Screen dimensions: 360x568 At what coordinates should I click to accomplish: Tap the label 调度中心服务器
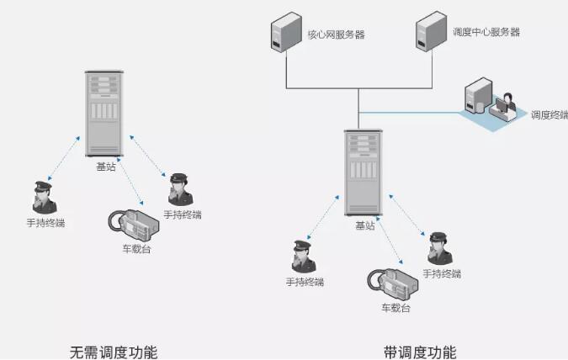click(486, 32)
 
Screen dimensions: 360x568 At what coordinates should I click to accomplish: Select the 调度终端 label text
click(549, 114)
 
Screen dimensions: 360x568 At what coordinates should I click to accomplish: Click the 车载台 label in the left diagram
click(136, 249)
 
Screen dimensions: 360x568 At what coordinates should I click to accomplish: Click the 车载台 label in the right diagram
click(395, 308)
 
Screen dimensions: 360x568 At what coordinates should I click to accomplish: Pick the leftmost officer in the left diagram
click(45, 199)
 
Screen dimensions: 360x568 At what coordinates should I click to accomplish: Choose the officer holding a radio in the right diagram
click(438, 249)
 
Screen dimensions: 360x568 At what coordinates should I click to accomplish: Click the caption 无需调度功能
click(113, 351)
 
